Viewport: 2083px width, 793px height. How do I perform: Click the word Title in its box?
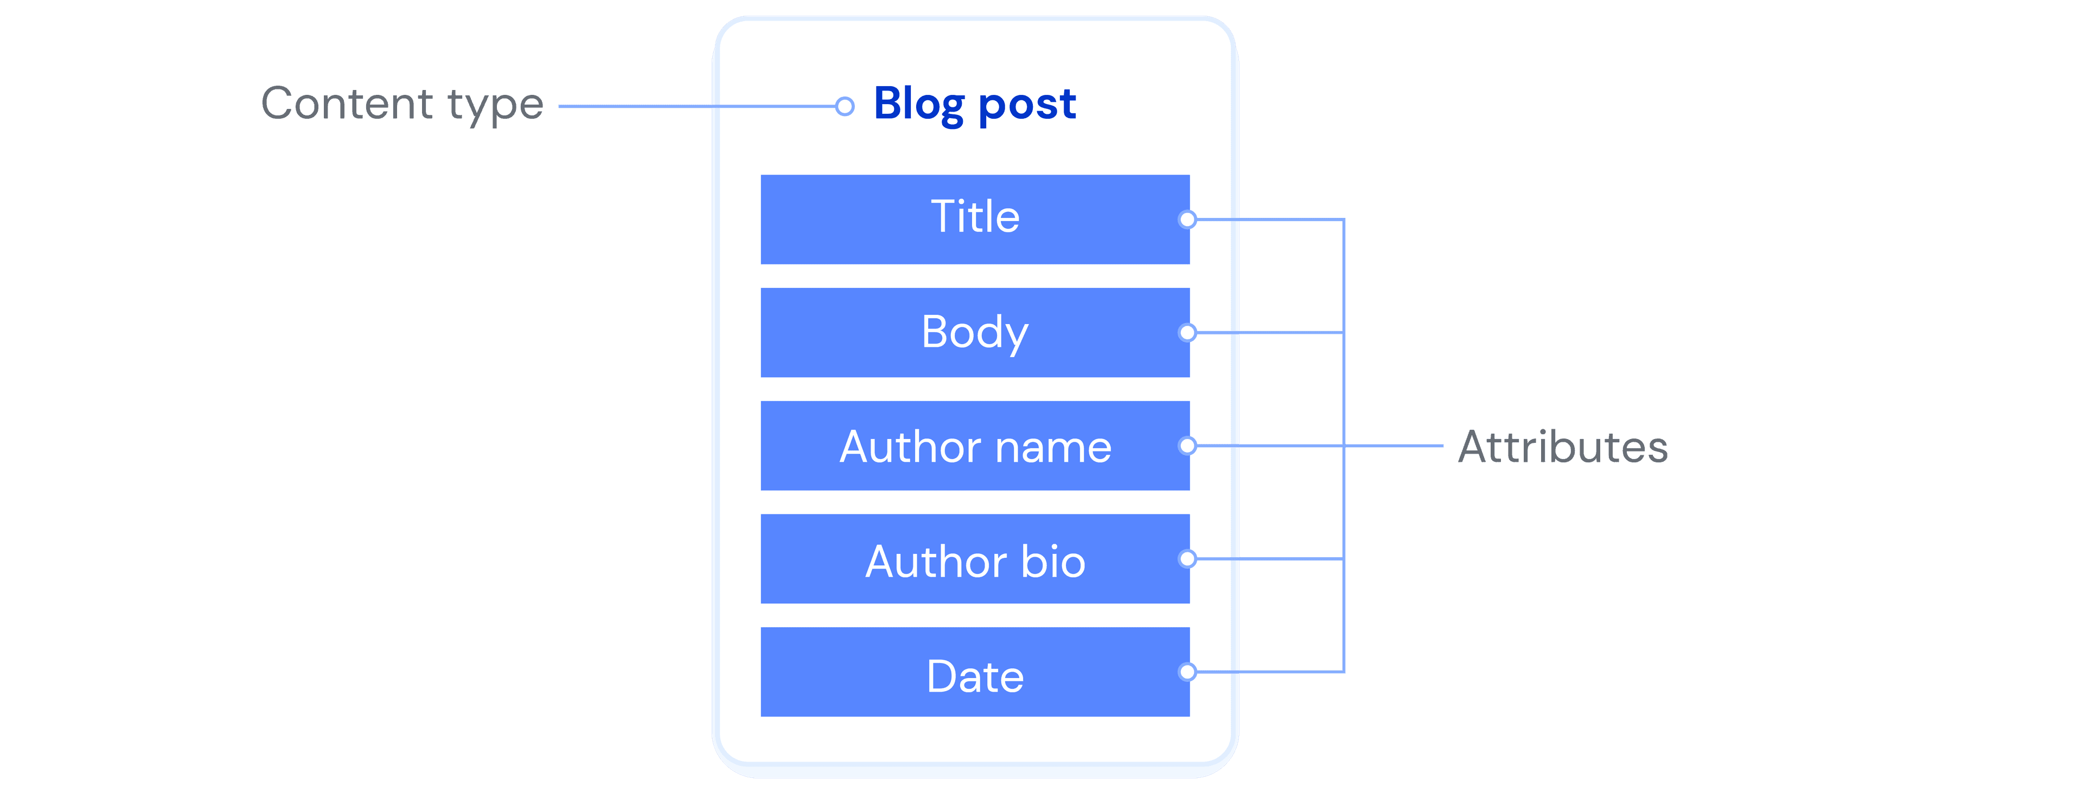click(x=975, y=217)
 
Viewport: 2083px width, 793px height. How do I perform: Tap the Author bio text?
click(x=975, y=561)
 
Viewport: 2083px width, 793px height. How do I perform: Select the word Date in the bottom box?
click(x=975, y=676)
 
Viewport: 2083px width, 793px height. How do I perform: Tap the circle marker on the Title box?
click(x=1187, y=219)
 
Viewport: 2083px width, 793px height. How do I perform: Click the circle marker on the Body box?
click(x=1187, y=332)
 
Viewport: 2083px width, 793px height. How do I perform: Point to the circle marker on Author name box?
click(x=1187, y=446)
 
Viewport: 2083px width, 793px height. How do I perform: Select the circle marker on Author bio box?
click(x=1187, y=559)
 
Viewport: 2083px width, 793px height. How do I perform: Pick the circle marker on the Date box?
click(x=1187, y=672)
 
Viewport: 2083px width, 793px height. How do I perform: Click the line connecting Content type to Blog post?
click(x=695, y=106)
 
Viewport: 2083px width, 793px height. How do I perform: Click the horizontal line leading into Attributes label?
click(x=1395, y=446)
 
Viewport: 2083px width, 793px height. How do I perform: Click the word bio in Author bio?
click(x=1053, y=561)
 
